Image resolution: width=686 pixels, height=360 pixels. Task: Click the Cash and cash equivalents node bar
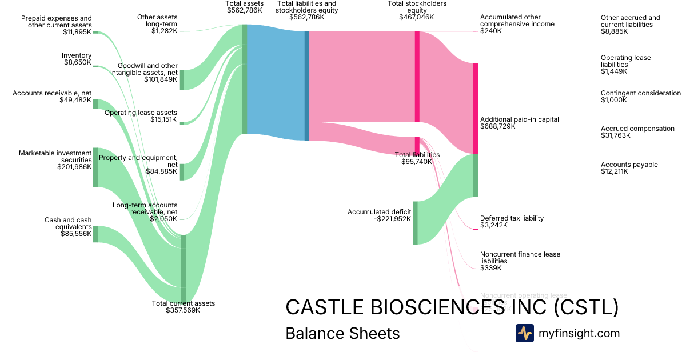click(x=95, y=234)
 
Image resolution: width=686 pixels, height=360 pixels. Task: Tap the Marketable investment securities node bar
click(x=95, y=167)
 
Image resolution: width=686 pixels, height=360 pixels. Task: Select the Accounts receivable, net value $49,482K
click(x=75, y=100)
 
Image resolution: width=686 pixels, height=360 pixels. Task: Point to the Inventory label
click(x=77, y=55)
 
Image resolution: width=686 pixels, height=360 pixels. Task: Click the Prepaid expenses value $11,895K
click(x=77, y=32)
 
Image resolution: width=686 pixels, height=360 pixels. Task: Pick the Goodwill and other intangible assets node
click(x=182, y=80)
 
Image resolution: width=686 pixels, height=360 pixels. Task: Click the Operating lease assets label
click(x=141, y=113)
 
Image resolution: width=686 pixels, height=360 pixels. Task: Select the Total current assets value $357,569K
click(x=183, y=310)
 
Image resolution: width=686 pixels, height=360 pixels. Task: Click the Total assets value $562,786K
click(x=245, y=10)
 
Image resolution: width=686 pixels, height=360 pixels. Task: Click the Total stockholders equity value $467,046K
click(x=417, y=17)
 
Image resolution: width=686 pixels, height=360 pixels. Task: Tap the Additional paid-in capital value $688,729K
click(x=498, y=126)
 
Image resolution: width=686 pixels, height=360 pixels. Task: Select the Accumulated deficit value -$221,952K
click(x=387, y=219)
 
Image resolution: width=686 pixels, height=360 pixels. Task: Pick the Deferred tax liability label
click(x=512, y=218)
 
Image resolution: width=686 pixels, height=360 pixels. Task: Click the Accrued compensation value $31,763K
click(x=616, y=136)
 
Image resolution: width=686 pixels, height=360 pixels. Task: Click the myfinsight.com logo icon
click(x=524, y=333)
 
